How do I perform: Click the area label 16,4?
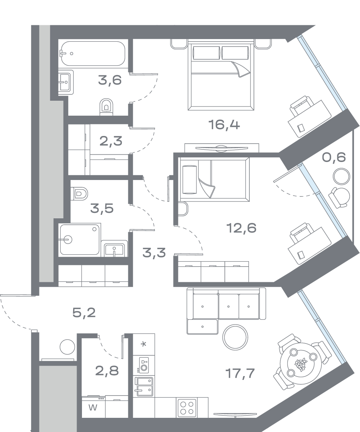(224, 125)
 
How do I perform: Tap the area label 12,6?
(241, 228)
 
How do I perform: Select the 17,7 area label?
(240, 373)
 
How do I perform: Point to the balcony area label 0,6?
(334, 157)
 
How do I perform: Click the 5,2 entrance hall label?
(84, 313)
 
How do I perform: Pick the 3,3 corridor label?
(154, 253)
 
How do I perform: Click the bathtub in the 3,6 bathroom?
(93, 54)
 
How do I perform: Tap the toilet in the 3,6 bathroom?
(106, 106)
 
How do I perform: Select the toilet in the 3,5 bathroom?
(79, 193)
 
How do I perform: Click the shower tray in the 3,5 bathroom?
(80, 239)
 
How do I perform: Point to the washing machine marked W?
(93, 407)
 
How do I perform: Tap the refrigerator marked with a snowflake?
(144, 344)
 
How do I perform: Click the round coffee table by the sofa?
(235, 337)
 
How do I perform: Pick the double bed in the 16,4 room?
(221, 75)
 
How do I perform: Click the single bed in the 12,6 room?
(214, 179)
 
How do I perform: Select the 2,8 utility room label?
(107, 371)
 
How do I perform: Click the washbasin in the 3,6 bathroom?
(66, 82)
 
